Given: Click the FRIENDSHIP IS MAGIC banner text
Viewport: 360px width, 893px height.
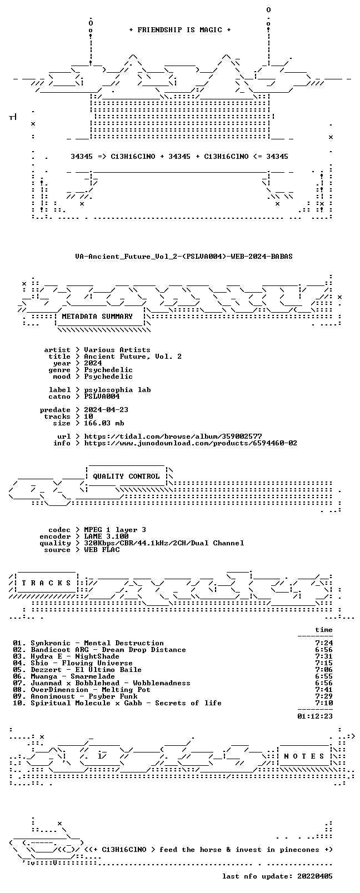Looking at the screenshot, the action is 180,30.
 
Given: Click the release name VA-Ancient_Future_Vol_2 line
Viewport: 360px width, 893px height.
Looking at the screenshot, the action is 184,257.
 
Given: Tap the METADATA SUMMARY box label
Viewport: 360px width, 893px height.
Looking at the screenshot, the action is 97,317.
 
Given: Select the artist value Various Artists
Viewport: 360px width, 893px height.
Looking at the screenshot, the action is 117,350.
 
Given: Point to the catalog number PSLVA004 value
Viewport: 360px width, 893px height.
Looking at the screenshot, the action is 102,397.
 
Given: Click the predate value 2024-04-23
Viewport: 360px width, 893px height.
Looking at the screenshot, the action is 106,410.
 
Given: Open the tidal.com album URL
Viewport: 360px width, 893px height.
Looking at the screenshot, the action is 173,437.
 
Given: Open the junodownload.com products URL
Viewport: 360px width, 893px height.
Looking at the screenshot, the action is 191,443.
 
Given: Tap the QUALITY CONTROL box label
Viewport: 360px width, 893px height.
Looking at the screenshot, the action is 126,476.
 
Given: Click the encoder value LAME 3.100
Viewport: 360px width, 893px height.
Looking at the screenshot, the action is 106,536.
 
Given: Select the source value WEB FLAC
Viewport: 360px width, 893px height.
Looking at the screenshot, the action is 102,550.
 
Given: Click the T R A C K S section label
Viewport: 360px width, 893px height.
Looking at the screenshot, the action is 46,583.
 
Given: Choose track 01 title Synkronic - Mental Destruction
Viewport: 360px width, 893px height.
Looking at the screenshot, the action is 97,643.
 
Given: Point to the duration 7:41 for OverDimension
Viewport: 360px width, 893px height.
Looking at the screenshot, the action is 324,690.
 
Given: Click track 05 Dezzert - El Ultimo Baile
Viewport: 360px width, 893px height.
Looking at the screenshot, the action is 86,670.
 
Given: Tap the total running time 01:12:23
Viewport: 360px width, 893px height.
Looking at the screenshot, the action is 315,716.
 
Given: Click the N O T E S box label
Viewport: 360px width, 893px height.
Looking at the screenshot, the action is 304,756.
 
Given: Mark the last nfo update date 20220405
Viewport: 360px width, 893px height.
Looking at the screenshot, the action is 315,876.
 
